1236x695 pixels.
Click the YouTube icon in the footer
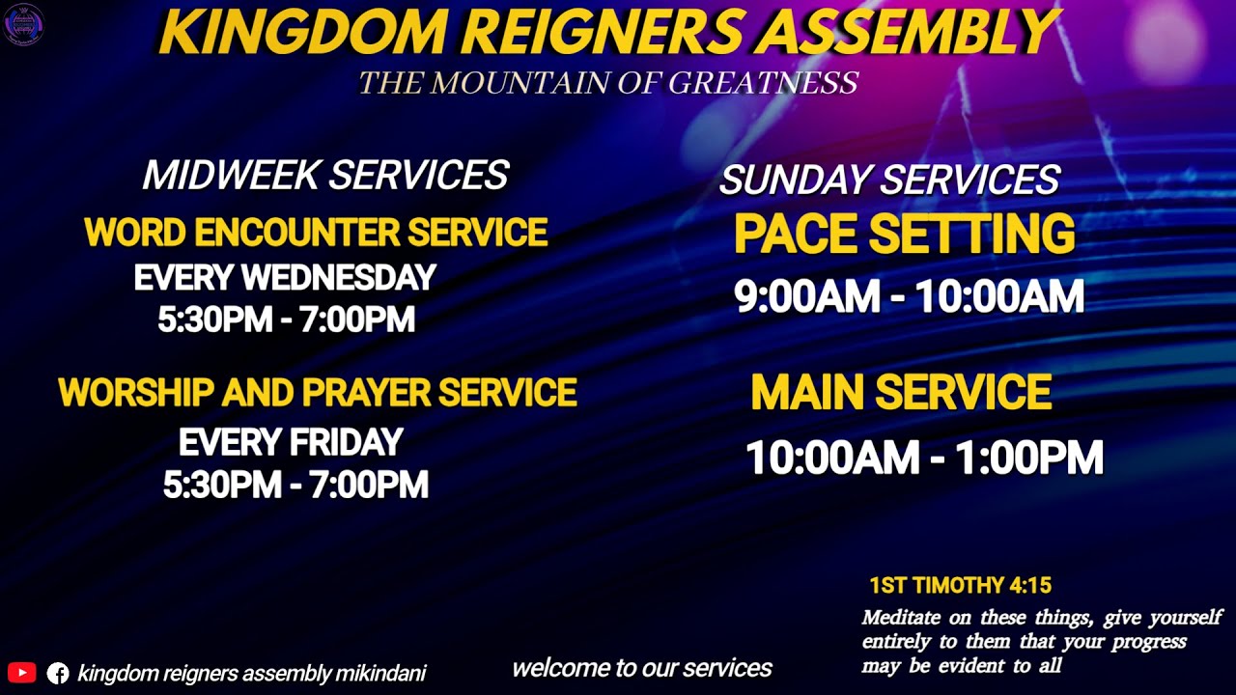tap(21, 673)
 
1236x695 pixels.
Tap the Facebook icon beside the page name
tap(58, 673)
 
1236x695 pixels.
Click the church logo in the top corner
tap(23, 23)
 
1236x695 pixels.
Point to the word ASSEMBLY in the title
tap(908, 34)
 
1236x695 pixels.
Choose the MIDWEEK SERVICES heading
tap(325, 176)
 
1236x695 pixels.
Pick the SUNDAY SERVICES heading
tap(889, 181)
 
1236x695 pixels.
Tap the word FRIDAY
tap(345, 443)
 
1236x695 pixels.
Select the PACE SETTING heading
tap(904, 235)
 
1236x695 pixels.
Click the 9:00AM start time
tap(806, 297)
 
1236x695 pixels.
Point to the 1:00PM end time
tap(1028, 458)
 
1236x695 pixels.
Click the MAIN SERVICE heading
tap(901, 393)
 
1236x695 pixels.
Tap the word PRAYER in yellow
tap(367, 393)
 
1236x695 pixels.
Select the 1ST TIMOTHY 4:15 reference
tap(960, 585)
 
